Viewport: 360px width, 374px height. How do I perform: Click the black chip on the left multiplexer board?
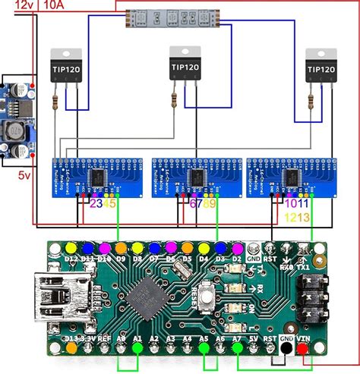(x=99, y=176)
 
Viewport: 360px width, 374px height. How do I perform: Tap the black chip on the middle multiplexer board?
(x=195, y=176)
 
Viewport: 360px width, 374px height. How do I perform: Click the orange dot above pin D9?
(x=120, y=248)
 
